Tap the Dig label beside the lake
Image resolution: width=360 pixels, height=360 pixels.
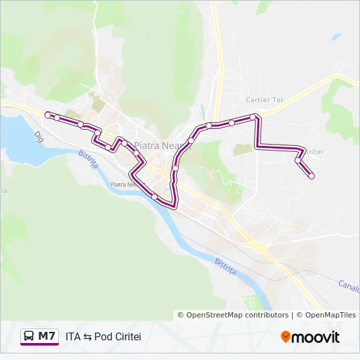point(39,137)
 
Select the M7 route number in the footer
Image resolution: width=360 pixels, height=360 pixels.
point(46,336)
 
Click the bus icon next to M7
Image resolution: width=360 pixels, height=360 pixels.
point(29,336)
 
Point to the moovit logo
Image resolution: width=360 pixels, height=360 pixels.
point(310,337)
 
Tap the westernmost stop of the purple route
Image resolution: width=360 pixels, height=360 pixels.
point(47,115)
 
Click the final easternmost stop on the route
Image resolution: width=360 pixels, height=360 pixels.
point(312,175)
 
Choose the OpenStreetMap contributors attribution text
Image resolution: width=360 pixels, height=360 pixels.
point(237,315)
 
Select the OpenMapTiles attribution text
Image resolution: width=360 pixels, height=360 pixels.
point(327,315)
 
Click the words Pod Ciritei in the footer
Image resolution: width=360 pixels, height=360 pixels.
point(118,337)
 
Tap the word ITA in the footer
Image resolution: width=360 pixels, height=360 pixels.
point(73,337)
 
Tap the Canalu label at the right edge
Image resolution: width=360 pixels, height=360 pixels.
point(348,285)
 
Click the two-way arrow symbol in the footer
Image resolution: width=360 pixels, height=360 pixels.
point(88,337)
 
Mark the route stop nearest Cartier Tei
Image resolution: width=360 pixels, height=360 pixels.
point(253,117)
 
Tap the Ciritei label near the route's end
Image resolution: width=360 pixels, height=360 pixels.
point(314,152)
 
